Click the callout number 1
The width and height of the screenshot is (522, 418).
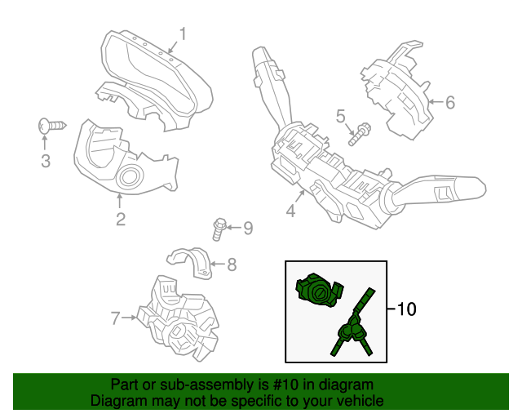184,34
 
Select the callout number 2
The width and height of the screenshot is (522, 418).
120,218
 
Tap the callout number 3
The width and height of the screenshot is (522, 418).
46,162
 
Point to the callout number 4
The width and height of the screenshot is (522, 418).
290,211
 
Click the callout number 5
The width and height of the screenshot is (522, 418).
340,116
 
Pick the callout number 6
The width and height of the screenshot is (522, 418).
449,103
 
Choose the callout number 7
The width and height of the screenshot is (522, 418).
115,317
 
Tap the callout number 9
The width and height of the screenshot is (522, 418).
248,227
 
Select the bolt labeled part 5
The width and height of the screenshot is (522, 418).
359,132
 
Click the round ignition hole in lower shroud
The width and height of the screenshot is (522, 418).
129,176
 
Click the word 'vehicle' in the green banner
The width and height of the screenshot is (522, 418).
360,402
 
